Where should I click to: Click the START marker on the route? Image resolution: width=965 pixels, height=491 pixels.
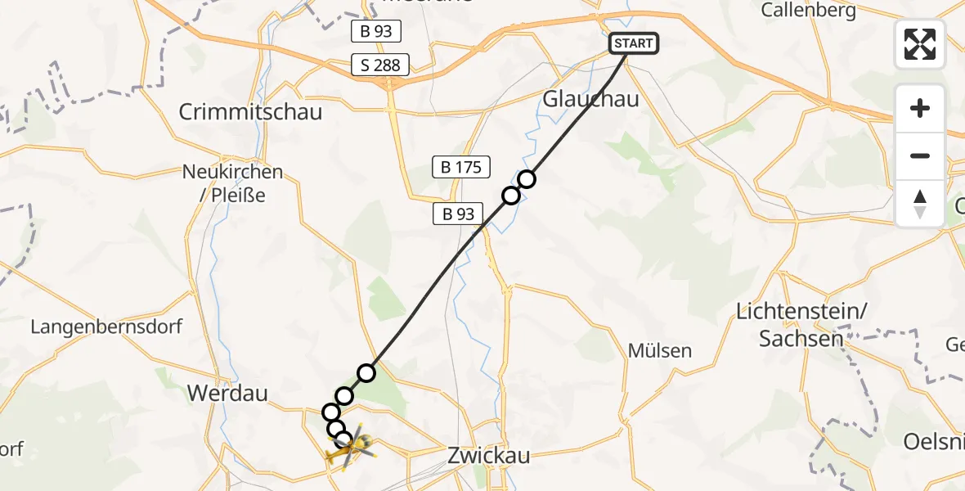pyautogui.click(x=634, y=43)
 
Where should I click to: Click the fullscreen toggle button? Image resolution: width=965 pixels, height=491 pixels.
pyautogui.click(x=920, y=44)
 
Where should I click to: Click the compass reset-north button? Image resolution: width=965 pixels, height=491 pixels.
pyautogui.click(x=920, y=203)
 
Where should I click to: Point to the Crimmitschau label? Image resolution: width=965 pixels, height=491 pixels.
pyautogui.click(x=250, y=111)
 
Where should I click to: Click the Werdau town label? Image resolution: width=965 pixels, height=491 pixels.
pyautogui.click(x=227, y=393)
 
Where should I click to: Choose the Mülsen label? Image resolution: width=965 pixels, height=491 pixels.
pyautogui.click(x=660, y=350)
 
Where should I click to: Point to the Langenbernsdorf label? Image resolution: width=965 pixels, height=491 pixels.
pyautogui.click(x=106, y=327)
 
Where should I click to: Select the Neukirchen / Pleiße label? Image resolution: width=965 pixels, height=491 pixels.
pyautogui.click(x=233, y=183)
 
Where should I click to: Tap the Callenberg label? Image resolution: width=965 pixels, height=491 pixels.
pyautogui.click(x=808, y=11)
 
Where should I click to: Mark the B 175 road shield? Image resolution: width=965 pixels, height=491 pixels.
pyautogui.click(x=461, y=168)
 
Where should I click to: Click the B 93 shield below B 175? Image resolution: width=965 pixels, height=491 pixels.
pyautogui.click(x=458, y=214)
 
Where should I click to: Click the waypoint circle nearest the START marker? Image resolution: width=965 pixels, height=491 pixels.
pyautogui.click(x=527, y=179)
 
